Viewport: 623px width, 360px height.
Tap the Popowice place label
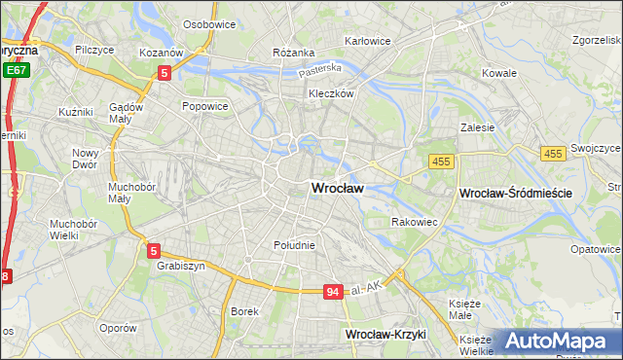tap(204, 105)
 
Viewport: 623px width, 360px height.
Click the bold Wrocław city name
tap(337, 189)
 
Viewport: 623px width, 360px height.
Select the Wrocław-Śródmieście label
tap(514, 194)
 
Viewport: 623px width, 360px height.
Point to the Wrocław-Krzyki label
tap(386, 334)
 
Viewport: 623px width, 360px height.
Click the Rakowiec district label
tap(413, 222)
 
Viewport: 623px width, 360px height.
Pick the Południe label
tap(294, 245)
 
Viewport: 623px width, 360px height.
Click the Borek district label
tap(243, 311)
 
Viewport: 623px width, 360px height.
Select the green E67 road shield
tap(15, 70)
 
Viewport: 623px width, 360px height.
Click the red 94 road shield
tap(334, 291)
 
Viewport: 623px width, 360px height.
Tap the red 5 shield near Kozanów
tap(165, 72)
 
